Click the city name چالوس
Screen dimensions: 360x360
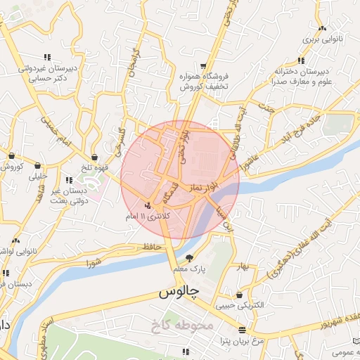click(179, 290)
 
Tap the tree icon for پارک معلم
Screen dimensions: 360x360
click(191, 257)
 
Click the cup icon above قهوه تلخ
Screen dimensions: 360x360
click(95, 157)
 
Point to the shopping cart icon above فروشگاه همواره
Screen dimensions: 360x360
click(203, 65)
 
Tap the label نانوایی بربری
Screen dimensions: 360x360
click(322, 41)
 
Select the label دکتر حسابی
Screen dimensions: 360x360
click(41, 79)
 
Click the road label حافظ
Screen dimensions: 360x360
click(151, 246)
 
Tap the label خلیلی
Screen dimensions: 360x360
click(37, 177)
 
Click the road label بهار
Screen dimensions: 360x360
click(244, 267)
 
